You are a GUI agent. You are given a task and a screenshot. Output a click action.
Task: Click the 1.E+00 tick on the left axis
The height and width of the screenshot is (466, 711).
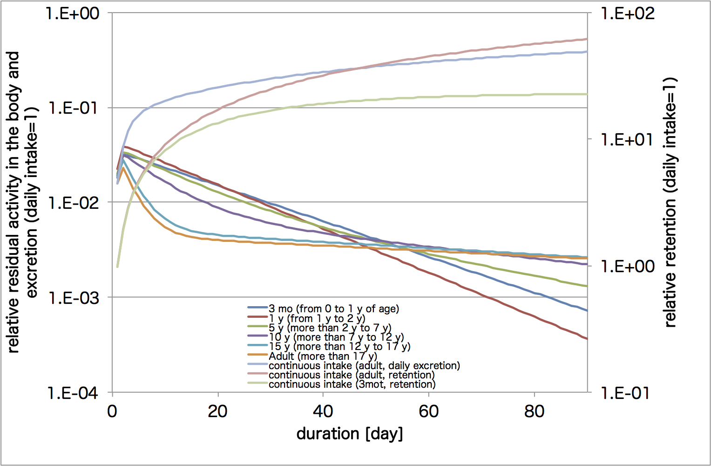73,13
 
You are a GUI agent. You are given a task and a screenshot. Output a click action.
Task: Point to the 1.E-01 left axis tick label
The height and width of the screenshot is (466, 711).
73,108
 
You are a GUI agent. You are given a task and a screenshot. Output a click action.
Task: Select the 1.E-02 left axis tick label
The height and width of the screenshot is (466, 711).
73,203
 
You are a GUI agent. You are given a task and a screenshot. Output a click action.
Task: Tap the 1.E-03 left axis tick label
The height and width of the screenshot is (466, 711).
73,297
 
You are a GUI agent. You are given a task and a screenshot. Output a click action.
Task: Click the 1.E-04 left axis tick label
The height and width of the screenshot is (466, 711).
73,393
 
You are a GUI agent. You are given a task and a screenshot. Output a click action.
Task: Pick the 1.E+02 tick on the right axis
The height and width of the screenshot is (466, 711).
627,13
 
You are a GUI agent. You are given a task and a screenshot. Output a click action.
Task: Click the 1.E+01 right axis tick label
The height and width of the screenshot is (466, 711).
627,139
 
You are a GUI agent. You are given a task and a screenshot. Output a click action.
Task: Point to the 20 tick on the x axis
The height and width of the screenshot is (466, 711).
217,411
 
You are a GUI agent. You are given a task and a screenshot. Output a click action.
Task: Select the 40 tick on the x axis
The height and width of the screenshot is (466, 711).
323,411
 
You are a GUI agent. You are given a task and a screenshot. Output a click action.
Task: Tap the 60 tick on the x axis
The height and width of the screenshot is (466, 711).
429,411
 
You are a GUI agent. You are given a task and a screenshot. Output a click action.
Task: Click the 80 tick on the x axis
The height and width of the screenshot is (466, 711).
534,411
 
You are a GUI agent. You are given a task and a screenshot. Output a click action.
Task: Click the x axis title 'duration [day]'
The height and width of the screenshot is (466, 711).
350,434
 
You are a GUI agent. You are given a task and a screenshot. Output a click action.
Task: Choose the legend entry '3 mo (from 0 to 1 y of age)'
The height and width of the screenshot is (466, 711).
333,308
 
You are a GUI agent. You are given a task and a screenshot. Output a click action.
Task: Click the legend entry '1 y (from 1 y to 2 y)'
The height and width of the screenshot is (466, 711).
317,318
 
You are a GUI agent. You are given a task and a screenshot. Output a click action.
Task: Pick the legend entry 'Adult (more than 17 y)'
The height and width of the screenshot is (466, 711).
323,356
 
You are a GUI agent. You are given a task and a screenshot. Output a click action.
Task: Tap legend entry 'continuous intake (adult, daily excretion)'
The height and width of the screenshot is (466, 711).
364,365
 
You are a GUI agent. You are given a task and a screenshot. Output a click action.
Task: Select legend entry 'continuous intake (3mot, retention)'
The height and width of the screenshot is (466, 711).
352,384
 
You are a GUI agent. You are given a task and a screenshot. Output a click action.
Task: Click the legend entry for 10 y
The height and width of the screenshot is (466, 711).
336,337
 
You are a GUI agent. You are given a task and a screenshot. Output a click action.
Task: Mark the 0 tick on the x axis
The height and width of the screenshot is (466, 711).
112,411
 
